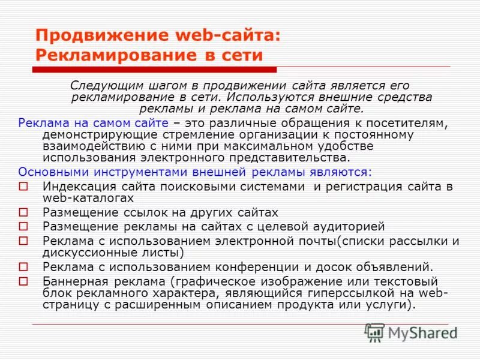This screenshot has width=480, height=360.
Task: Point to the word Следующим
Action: coord(100,86)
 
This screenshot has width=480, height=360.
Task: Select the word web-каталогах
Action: coord(88,197)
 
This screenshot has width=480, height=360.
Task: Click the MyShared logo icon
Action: coord(375,332)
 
